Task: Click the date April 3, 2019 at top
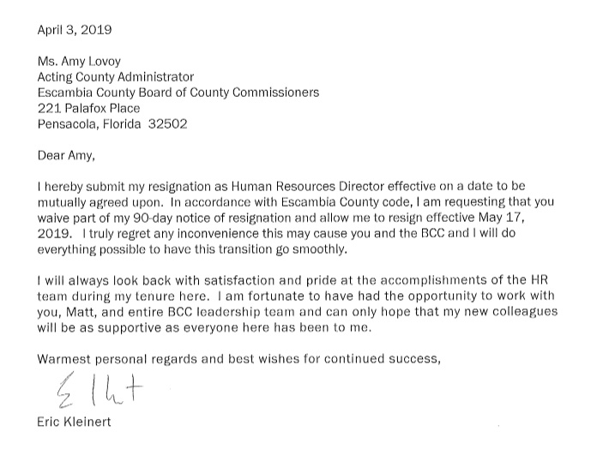pyautogui.click(x=75, y=30)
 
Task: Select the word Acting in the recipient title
pyautogui.click(x=57, y=77)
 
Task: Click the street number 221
pyautogui.click(x=49, y=108)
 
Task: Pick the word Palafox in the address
pyautogui.click(x=85, y=108)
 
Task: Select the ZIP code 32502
pyautogui.click(x=168, y=123)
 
